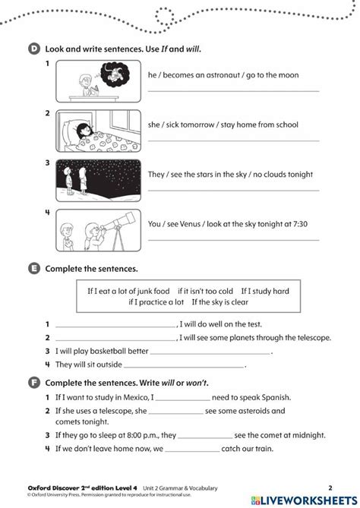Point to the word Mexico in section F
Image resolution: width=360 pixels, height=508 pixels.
point(133,396)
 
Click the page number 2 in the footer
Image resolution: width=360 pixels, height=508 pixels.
point(330,486)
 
